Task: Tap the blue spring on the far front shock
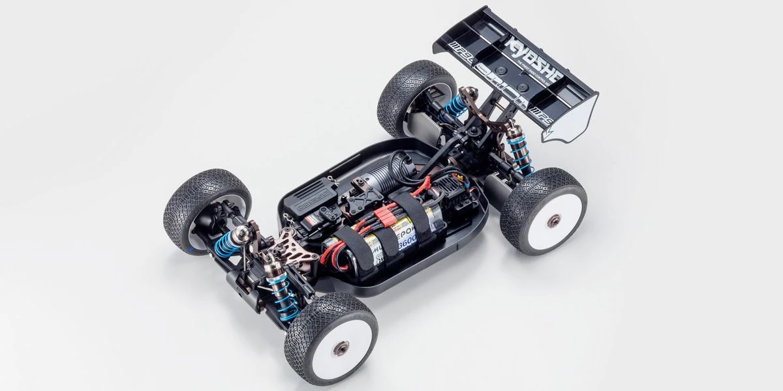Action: pos(225,245)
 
